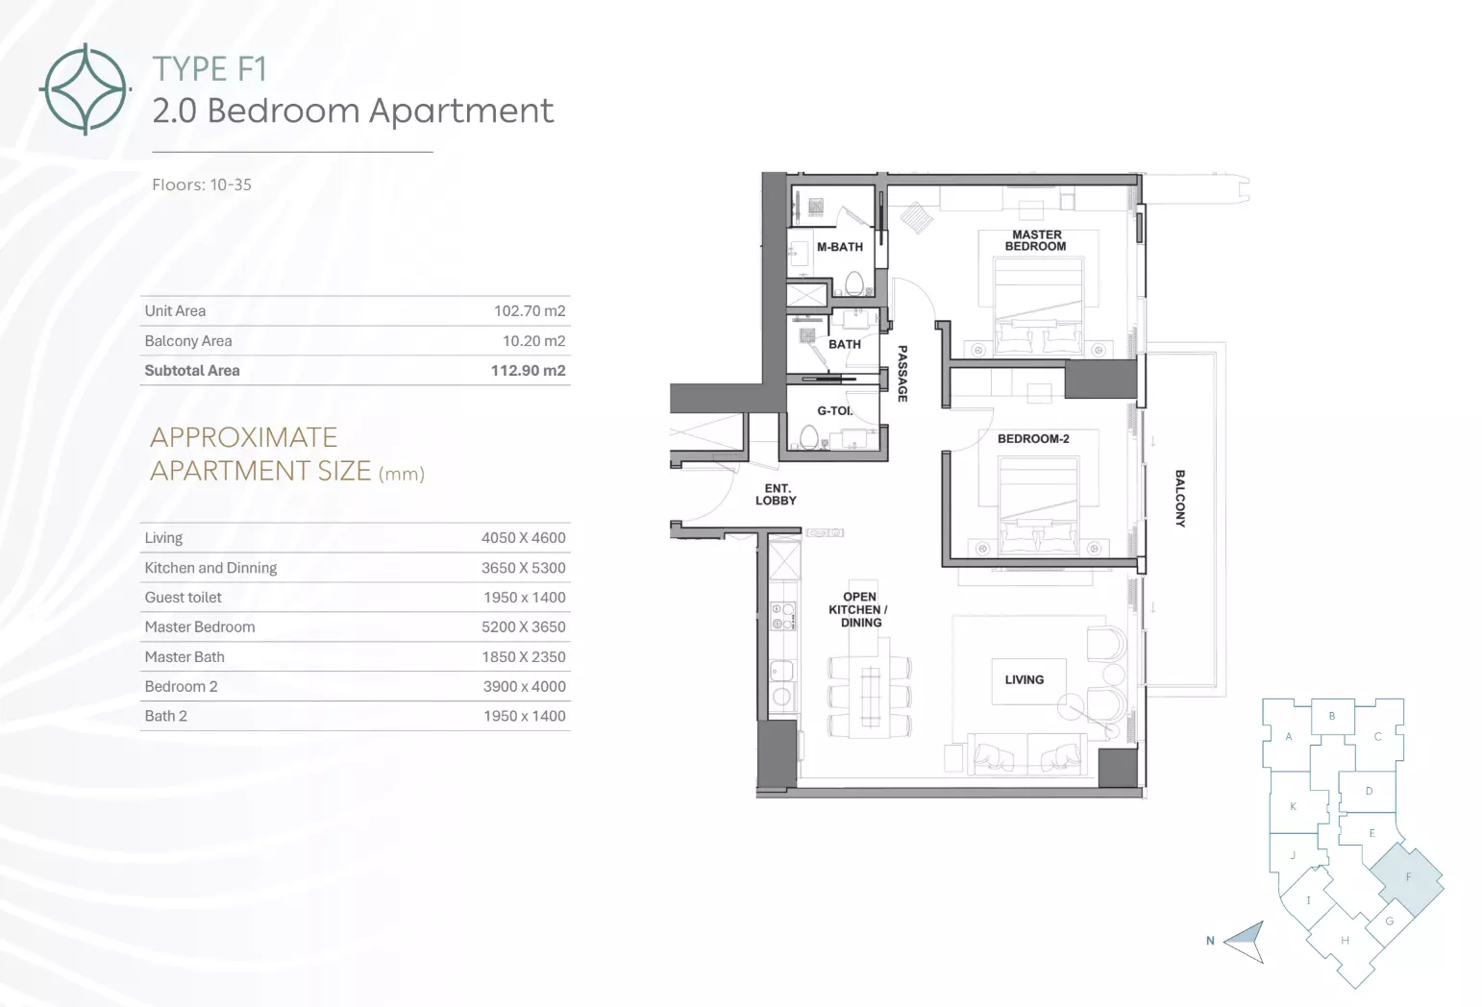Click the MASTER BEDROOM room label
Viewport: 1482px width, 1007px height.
click(1036, 240)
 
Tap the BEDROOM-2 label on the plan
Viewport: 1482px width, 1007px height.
click(1033, 439)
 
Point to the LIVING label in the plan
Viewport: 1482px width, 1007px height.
click(1025, 679)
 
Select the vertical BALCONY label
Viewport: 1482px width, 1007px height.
click(1180, 498)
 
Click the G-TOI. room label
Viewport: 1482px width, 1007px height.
click(835, 411)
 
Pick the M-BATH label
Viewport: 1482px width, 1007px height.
click(840, 247)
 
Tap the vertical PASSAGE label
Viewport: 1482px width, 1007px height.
click(902, 373)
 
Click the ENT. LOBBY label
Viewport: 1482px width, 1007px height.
click(776, 494)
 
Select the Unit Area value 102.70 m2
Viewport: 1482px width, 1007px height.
click(530, 311)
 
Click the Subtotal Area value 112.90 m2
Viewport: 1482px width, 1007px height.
click(528, 371)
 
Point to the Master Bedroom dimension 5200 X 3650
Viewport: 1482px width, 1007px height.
click(524, 627)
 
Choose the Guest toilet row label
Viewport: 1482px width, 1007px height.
click(184, 598)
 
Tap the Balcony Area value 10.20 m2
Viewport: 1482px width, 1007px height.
click(534, 341)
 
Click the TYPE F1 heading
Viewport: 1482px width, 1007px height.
click(210, 69)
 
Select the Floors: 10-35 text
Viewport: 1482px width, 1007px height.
click(202, 184)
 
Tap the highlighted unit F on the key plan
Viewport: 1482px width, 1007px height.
click(1407, 878)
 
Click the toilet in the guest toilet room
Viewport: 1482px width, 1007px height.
click(808, 436)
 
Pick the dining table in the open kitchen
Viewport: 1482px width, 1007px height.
click(870, 696)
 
